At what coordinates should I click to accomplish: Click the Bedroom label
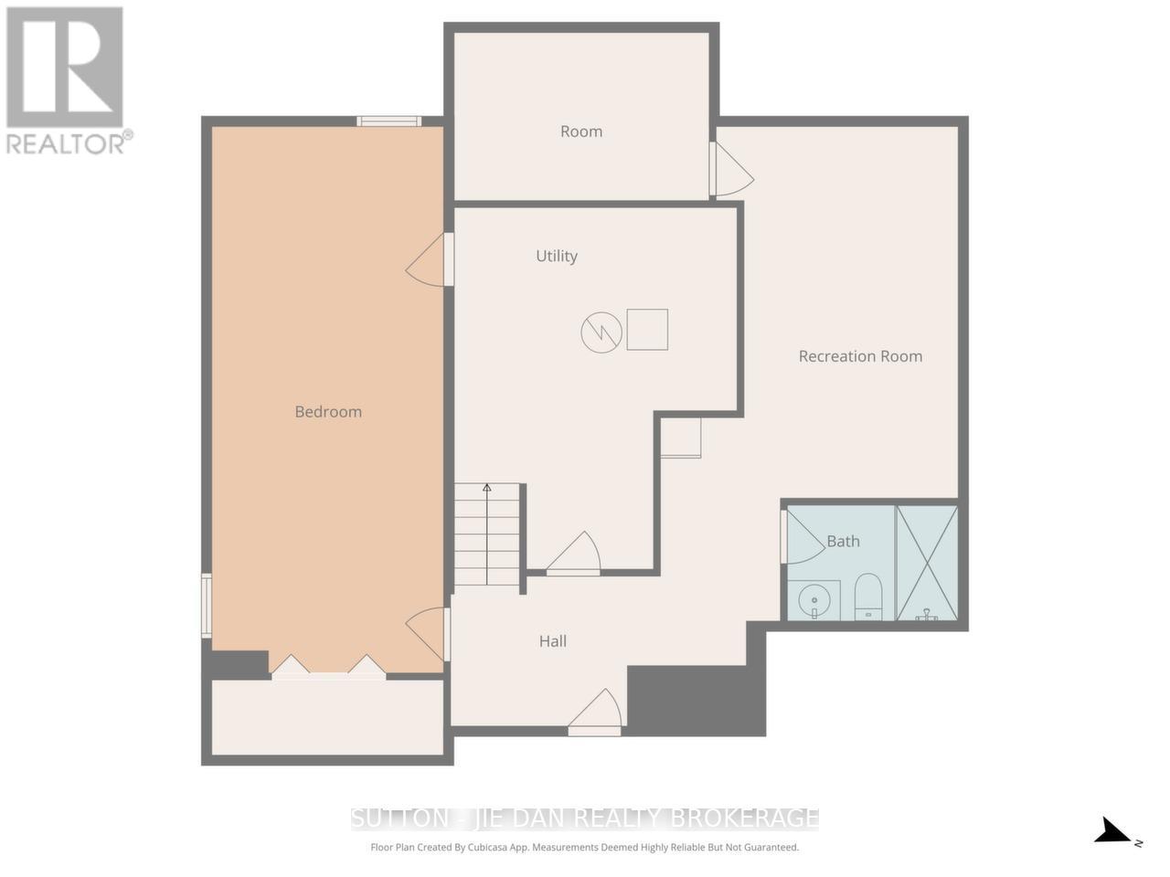pos(328,412)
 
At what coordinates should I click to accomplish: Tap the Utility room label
pos(557,257)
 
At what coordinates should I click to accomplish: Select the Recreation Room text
pos(860,356)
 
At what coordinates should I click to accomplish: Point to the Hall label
pos(553,641)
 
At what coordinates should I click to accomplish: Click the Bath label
pos(843,542)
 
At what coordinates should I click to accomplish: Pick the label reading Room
pos(581,132)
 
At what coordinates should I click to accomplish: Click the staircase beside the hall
pos(487,535)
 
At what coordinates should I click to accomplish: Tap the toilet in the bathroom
pos(867,596)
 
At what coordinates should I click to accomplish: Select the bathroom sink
pos(814,601)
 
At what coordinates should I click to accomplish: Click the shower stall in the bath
pos(927,563)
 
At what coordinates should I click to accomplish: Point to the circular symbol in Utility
pos(601,332)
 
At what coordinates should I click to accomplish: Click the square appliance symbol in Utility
pos(647,330)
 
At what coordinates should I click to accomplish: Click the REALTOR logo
pos(66,80)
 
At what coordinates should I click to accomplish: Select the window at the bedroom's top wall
pos(388,121)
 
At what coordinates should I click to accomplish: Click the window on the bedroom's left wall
pos(207,605)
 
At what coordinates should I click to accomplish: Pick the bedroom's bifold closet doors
pos(328,667)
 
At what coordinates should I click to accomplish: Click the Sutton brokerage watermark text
pos(585,817)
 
